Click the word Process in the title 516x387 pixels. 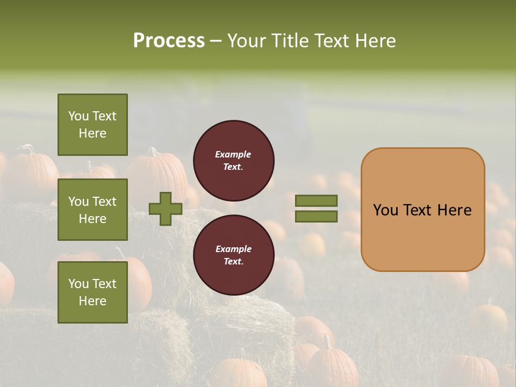[169, 41]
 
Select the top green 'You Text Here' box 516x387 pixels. [92, 125]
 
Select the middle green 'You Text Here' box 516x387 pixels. [92, 210]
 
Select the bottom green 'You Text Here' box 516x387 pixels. [92, 292]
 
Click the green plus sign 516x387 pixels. [166, 209]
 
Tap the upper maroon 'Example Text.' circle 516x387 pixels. [233, 161]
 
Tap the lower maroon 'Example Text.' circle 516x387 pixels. [233, 255]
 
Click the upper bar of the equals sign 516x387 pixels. [316, 200]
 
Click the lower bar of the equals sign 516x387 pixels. [316, 217]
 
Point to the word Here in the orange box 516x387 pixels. [454, 210]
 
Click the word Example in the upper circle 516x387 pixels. [233, 154]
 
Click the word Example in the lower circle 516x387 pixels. [233, 249]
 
